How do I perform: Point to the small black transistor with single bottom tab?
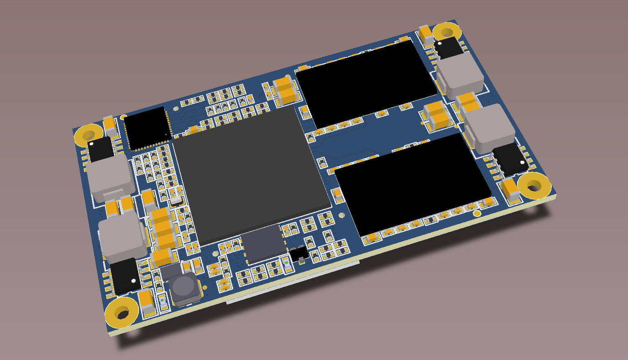point(300,254)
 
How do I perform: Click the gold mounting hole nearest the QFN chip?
point(88,135)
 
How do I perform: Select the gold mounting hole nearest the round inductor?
point(121,313)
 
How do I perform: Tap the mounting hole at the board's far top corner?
point(446,32)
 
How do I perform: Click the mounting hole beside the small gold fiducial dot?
point(534,185)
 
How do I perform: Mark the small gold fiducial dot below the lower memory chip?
point(477,214)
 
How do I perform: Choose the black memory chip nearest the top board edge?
point(364,82)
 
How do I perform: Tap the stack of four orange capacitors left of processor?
point(163,228)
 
